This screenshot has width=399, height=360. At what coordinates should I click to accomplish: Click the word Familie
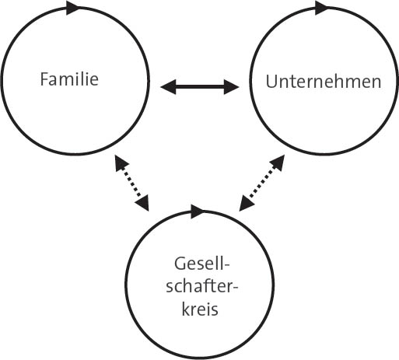[69, 79]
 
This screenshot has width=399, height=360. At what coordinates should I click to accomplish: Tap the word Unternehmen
[324, 82]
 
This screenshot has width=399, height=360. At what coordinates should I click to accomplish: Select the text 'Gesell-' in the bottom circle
[201, 264]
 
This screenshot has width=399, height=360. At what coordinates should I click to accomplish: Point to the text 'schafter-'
[201, 287]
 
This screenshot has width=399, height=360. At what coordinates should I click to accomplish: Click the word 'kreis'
[200, 309]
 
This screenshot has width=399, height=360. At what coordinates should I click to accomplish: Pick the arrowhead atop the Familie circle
[72, 8]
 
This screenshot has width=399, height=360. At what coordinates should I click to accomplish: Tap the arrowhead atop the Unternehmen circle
[321, 8]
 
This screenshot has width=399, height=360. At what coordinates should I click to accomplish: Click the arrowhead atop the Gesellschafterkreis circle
[197, 211]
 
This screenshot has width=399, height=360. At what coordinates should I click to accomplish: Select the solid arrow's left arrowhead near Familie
[168, 87]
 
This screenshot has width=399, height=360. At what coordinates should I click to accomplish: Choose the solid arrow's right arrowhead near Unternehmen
[232, 87]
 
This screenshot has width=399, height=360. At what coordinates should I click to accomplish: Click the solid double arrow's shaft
[200, 87]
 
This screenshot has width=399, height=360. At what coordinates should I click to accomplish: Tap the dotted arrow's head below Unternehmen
[278, 163]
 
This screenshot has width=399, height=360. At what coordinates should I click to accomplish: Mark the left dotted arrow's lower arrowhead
[142, 203]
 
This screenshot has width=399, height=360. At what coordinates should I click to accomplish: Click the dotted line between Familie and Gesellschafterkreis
[132, 183]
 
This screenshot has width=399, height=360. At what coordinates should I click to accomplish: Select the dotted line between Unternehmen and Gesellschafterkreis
[262, 183]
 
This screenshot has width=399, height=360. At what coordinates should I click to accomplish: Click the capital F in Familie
[44, 79]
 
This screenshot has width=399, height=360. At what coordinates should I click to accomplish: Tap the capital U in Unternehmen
[271, 82]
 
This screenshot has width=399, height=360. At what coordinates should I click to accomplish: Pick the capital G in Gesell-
[180, 264]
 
